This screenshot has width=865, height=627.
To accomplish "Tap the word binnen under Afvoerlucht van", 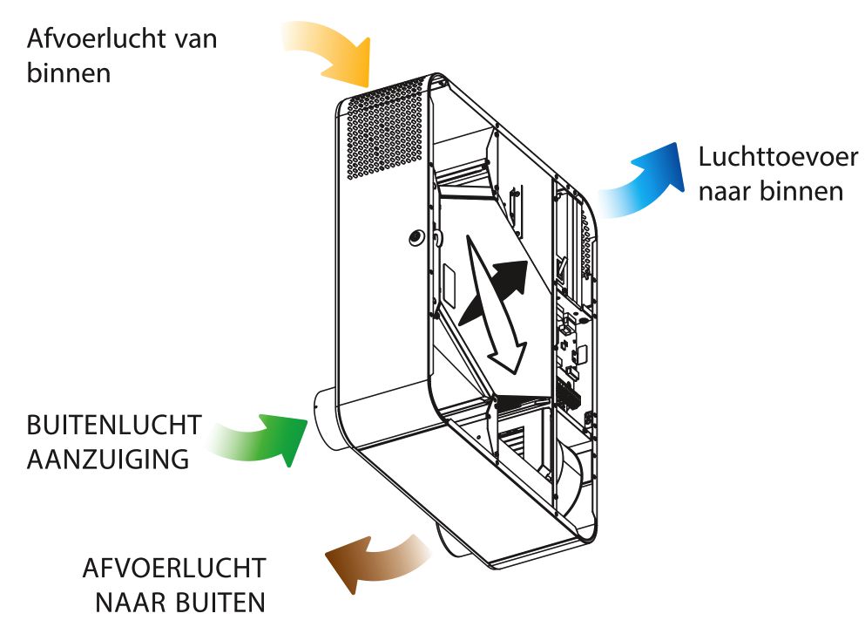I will point(69,72).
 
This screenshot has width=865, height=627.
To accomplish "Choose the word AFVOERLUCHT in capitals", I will point(173,569).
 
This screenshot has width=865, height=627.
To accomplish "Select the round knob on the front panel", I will point(416,235).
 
